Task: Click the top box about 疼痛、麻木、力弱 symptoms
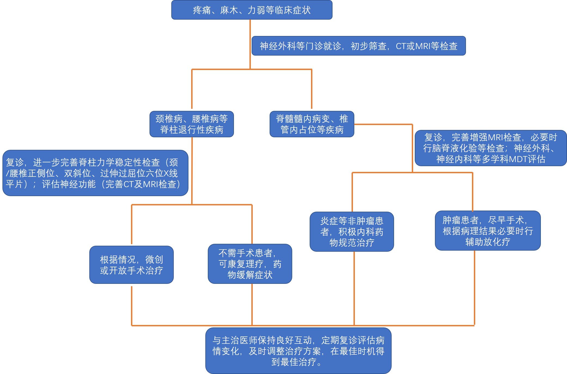tap(252, 10)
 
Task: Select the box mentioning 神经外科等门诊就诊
tap(358, 46)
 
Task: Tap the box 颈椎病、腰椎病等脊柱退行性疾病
tap(191, 124)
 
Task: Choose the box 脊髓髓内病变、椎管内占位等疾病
tap(312, 124)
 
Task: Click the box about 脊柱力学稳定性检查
tap(95, 173)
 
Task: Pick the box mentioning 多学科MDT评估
tap(490, 148)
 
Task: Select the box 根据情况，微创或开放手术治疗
tap(131, 265)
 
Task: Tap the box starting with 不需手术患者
tap(250, 264)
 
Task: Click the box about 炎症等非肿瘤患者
tap(352, 232)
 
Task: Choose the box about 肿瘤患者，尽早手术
tap(487, 231)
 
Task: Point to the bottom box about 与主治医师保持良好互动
tap(298, 351)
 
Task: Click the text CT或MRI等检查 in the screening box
tap(426, 46)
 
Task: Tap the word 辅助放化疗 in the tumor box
tap(487, 242)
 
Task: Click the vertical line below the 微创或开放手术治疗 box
tap(132, 305)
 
